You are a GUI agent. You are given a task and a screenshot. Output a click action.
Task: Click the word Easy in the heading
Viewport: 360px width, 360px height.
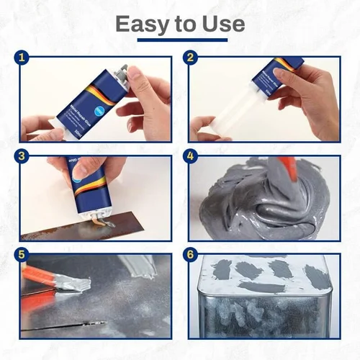[140, 24]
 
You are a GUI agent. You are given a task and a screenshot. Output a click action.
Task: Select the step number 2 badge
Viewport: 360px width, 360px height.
[191, 58]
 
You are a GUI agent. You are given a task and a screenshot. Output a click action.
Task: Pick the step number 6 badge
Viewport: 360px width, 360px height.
[191, 254]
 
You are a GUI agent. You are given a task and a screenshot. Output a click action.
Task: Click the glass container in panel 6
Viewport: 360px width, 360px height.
[263, 302]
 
